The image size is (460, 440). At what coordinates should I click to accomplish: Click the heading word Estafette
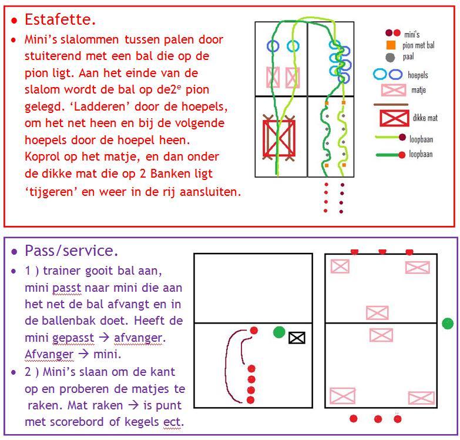tap(60, 19)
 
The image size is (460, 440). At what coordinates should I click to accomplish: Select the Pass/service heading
tap(71, 251)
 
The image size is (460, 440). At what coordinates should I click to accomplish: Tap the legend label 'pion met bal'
tap(418, 45)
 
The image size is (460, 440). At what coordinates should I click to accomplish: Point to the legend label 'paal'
tap(408, 57)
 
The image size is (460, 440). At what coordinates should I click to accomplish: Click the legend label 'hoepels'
tap(418, 75)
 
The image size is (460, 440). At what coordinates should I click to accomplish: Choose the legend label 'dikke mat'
tap(425, 118)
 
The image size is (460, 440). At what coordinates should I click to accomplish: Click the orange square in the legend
tap(390, 45)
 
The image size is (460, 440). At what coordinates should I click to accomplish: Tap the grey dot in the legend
tap(390, 57)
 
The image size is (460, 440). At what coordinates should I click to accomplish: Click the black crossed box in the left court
tap(297, 338)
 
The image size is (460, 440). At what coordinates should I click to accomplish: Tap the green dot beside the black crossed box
tap(279, 332)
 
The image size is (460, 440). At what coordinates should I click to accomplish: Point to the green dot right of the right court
tap(448, 323)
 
